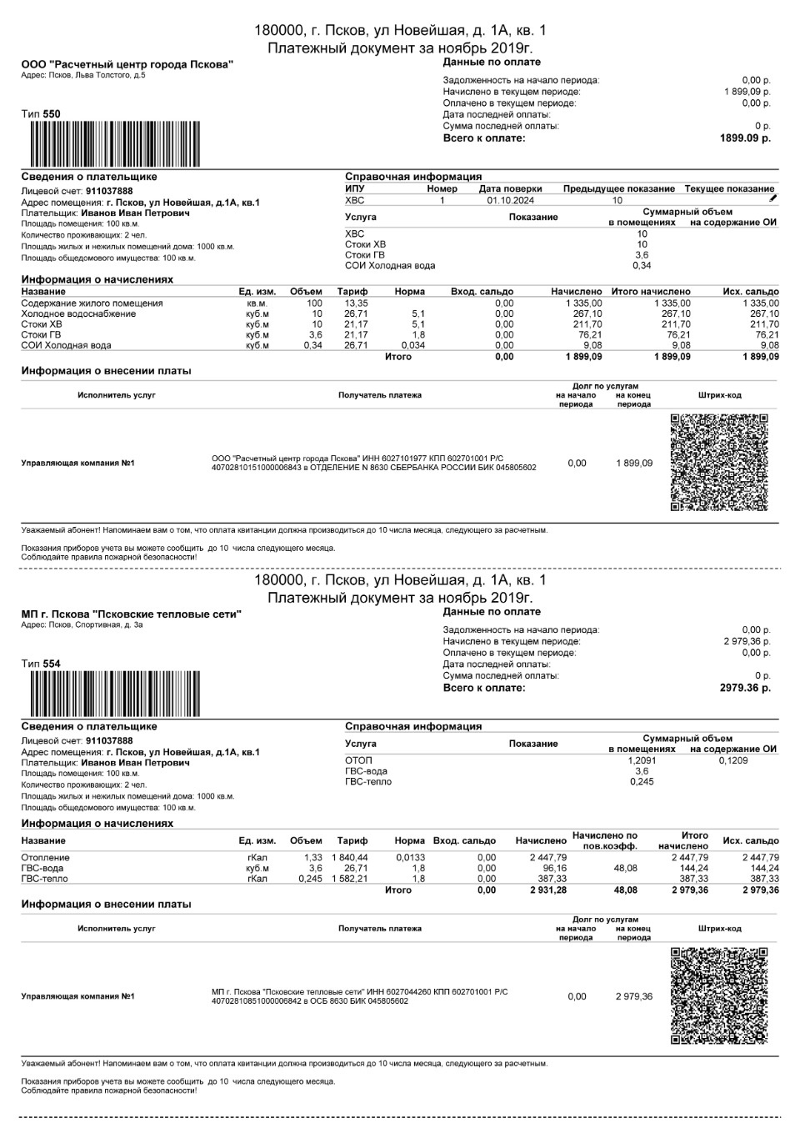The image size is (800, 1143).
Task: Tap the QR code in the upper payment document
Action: pos(717,462)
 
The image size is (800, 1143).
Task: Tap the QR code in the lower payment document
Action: pos(717,995)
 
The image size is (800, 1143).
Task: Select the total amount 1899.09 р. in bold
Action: pos(745,138)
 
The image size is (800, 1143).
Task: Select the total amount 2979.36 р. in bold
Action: pos(745,689)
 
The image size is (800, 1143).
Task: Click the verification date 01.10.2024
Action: pos(510,201)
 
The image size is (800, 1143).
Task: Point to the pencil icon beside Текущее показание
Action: pos(772,198)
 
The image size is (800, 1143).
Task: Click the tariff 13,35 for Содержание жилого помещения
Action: pos(356,303)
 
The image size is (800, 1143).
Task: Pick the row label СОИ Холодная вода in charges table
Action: pos(66,345)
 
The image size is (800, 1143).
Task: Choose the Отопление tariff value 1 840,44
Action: pos(349,858)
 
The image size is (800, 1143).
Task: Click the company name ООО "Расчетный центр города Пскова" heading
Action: pos(127,64)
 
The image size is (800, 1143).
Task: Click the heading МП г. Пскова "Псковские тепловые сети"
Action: pos(131,614)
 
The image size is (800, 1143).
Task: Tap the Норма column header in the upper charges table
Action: pos(409,292)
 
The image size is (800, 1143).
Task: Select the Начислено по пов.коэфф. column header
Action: pos(604,840)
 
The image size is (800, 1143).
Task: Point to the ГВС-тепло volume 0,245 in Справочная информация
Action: pos(642,782)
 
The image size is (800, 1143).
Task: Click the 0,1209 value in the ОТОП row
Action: pos(733,760)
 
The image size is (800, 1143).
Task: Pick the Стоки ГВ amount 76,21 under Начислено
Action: pos(587,335)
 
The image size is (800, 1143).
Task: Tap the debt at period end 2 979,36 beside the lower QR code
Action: pos(634,997)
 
